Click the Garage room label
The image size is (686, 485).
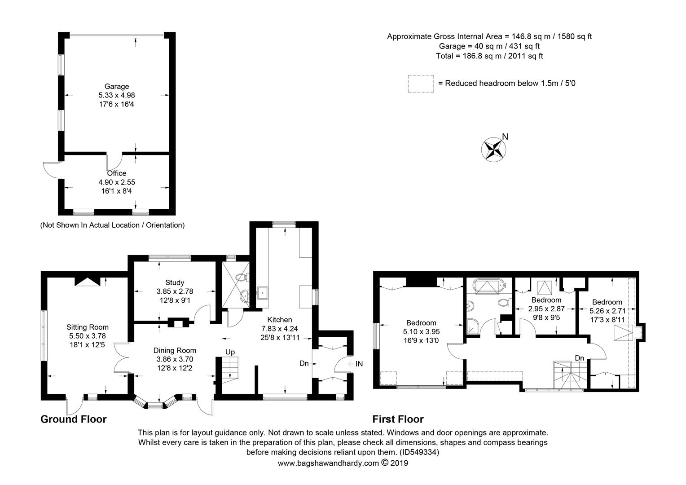[117, 86]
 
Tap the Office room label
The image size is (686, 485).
[117, 173]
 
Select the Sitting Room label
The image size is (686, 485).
[88, 327]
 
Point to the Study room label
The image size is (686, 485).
[175, 282]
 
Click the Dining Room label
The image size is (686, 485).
[175, 350]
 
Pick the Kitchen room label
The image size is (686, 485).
[280, 320]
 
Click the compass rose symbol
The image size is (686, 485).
[493, 150]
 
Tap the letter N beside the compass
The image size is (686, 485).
[506, 137]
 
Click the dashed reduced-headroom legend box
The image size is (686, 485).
[421, 84]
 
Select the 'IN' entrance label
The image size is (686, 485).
[359, 364]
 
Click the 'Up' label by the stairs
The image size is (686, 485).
[230, 353]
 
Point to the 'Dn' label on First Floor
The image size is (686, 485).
[580, 358]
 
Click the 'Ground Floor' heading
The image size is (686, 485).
[74, 419]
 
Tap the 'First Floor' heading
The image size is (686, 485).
[398, 419]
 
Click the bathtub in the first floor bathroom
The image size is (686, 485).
[489, 287]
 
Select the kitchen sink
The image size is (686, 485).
[263, 293]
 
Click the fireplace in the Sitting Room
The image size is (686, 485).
[88, 282]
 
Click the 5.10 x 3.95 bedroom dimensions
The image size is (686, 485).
[422, 331]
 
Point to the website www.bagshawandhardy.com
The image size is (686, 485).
[328, 463]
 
